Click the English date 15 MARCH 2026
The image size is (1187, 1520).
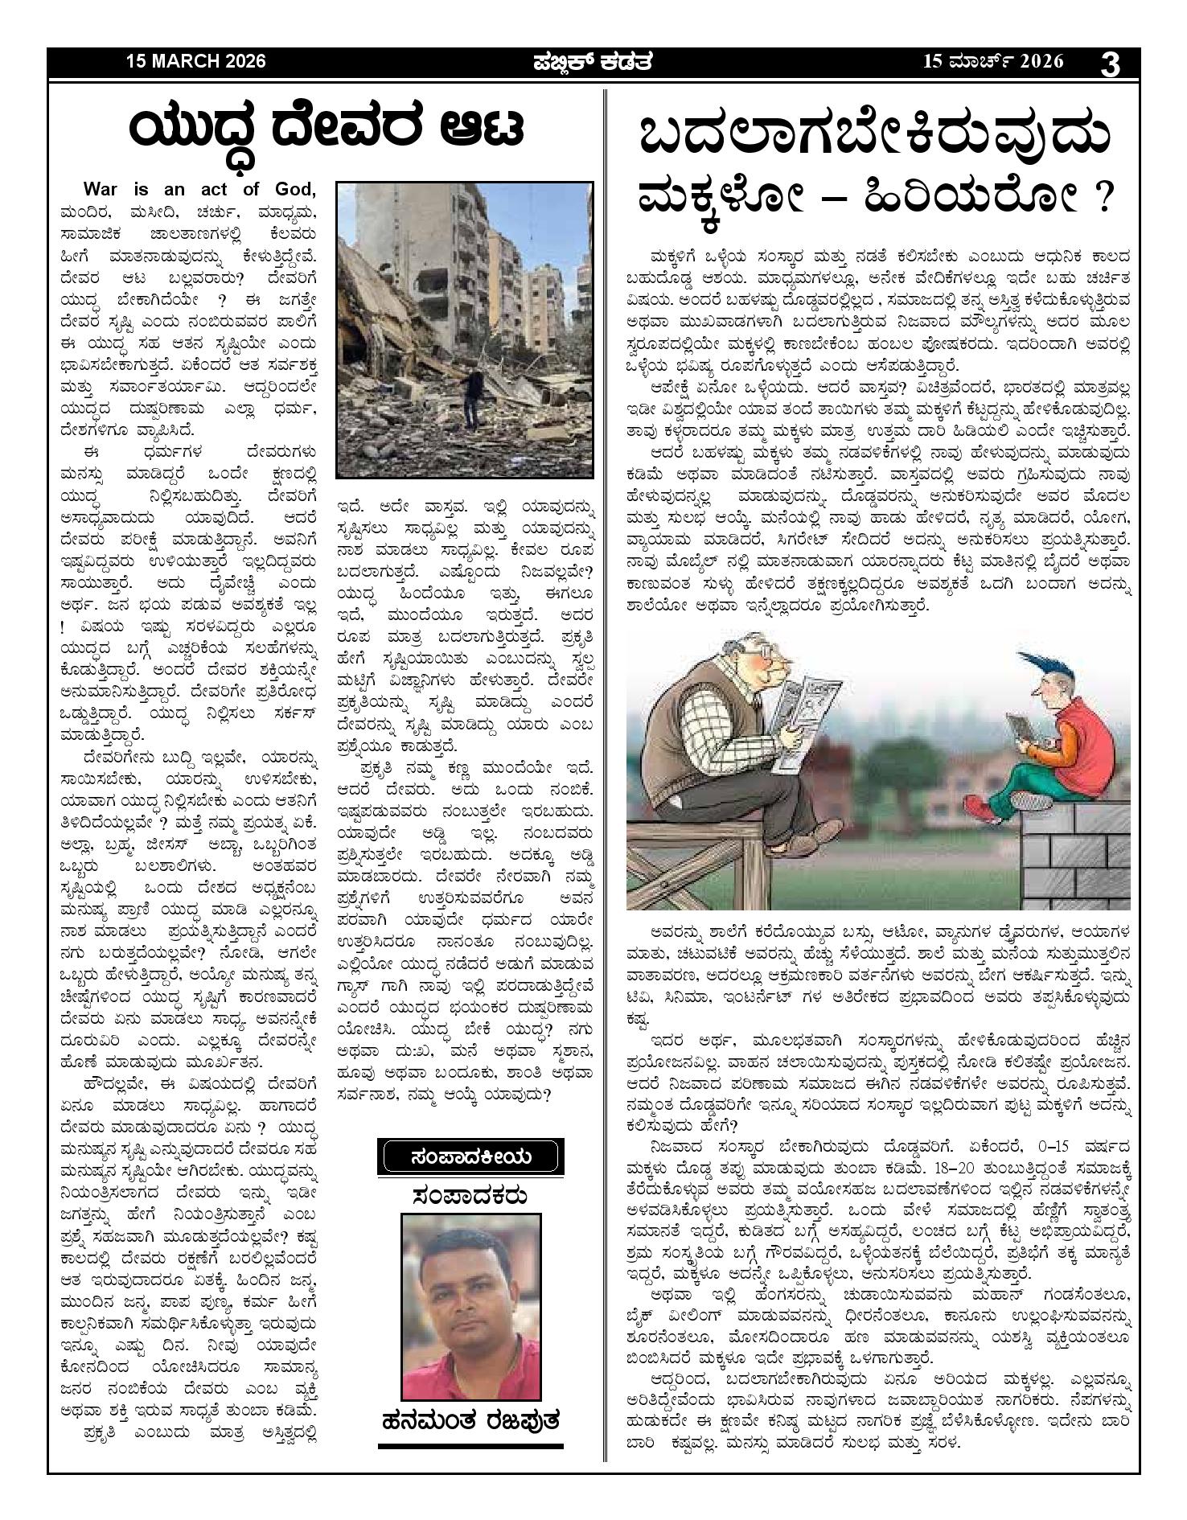[x=195, y=62]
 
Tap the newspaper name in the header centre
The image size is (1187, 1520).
[x=593, y=62]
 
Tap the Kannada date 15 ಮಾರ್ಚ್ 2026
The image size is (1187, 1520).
[x=993, y=62]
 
